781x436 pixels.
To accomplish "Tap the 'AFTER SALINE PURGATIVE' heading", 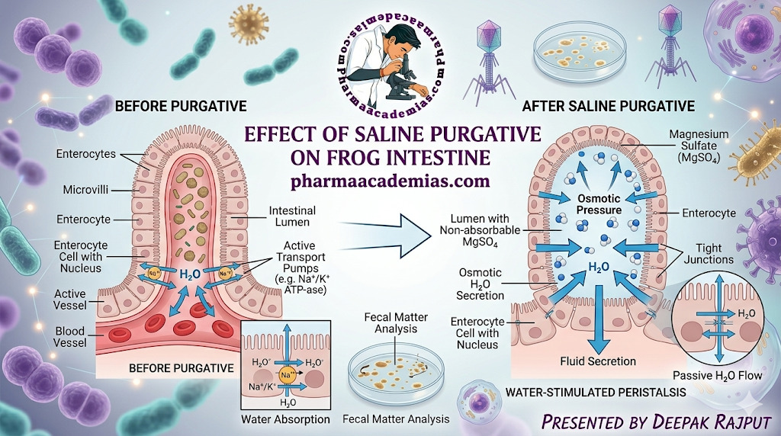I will pos(608,105).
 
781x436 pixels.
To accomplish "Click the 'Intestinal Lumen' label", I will pos(292,216).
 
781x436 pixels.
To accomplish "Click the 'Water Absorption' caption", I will pos(285,419).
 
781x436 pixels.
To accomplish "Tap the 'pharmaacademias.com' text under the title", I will pos(390,181).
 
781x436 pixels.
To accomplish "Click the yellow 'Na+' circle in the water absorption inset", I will pos(284,374).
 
